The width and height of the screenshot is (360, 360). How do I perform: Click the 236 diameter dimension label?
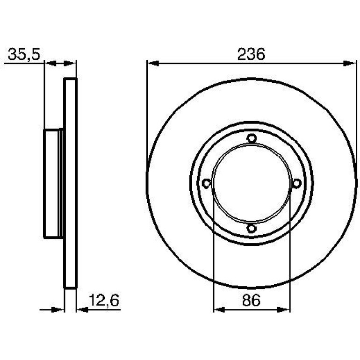[x=251, y=54]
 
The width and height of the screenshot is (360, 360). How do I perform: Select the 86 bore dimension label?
[x=251, y=300]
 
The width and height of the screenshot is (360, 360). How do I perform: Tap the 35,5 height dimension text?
[x=24, y=55]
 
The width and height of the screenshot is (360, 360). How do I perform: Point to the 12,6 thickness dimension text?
[x=104, y=300]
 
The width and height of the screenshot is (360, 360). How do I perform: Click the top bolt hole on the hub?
[x=252, y=138]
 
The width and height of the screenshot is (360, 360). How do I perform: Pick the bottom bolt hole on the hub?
[x=252, y=229]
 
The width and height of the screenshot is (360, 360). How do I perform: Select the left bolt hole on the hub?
[x=206, y=183]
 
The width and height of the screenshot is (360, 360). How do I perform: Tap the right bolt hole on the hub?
[x=296, y=183]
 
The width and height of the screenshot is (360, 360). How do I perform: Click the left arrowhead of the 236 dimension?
[x=153, y=64]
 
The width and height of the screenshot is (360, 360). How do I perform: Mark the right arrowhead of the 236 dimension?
[x=350, y=64]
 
